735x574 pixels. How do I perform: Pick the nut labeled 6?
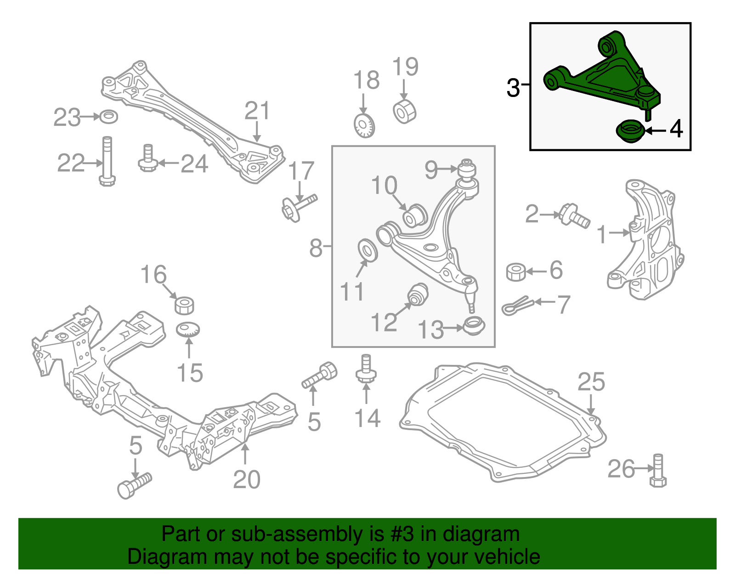click(516, 272)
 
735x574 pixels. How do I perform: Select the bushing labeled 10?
click(415, 216)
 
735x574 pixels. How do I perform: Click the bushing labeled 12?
click(418, 294)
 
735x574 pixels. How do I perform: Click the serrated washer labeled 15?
click(188, 330)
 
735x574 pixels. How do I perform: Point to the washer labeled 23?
click(108, 117)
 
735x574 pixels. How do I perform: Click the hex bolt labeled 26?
click(658, 471)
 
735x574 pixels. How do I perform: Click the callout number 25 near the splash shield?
click(591, 382)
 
